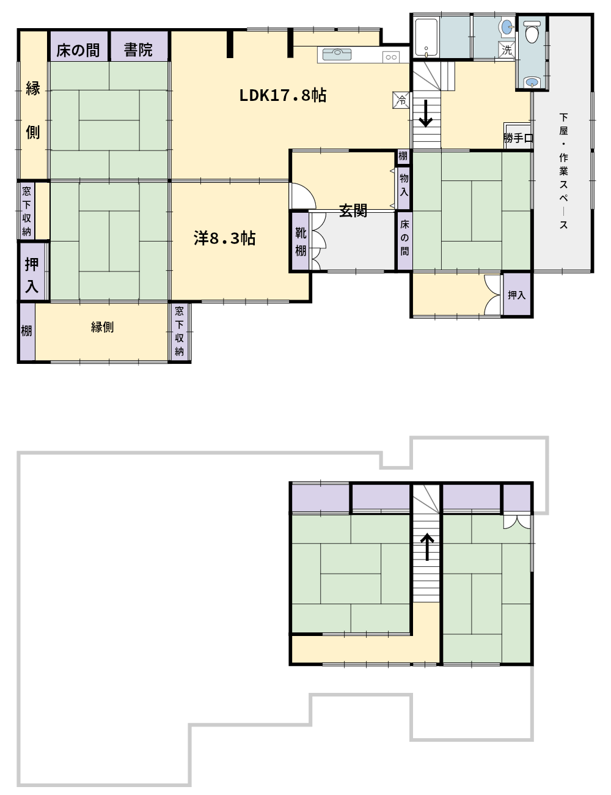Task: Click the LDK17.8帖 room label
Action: [x=282, y=95]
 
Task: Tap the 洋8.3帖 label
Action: [x=224, y=238]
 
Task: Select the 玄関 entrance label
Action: [x=353, y=211]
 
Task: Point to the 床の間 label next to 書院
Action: [x=78, y=50]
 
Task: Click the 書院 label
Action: [x=138, y=50]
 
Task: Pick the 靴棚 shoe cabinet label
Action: [x=301, y=242]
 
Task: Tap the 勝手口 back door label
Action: [x=518, y=138]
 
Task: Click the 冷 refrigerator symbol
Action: [x=401, y=100]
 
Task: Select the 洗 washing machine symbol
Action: [x=507, y=50]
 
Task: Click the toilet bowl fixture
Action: [x=532, y=32]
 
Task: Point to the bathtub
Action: [x=426, y=38]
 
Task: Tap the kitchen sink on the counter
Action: [x=337, y=54]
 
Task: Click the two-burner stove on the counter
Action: [x=391, y=57]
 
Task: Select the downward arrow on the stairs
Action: [x=425, y=114]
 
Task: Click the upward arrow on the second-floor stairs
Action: [x=427, y=547]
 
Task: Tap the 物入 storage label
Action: [x=404, y=185]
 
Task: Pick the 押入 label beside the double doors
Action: [x=516, y=295]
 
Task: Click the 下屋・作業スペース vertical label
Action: [x=563, y=171]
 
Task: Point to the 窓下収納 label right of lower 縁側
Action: [x=179, y=331]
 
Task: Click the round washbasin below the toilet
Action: [x=532, y=81]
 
